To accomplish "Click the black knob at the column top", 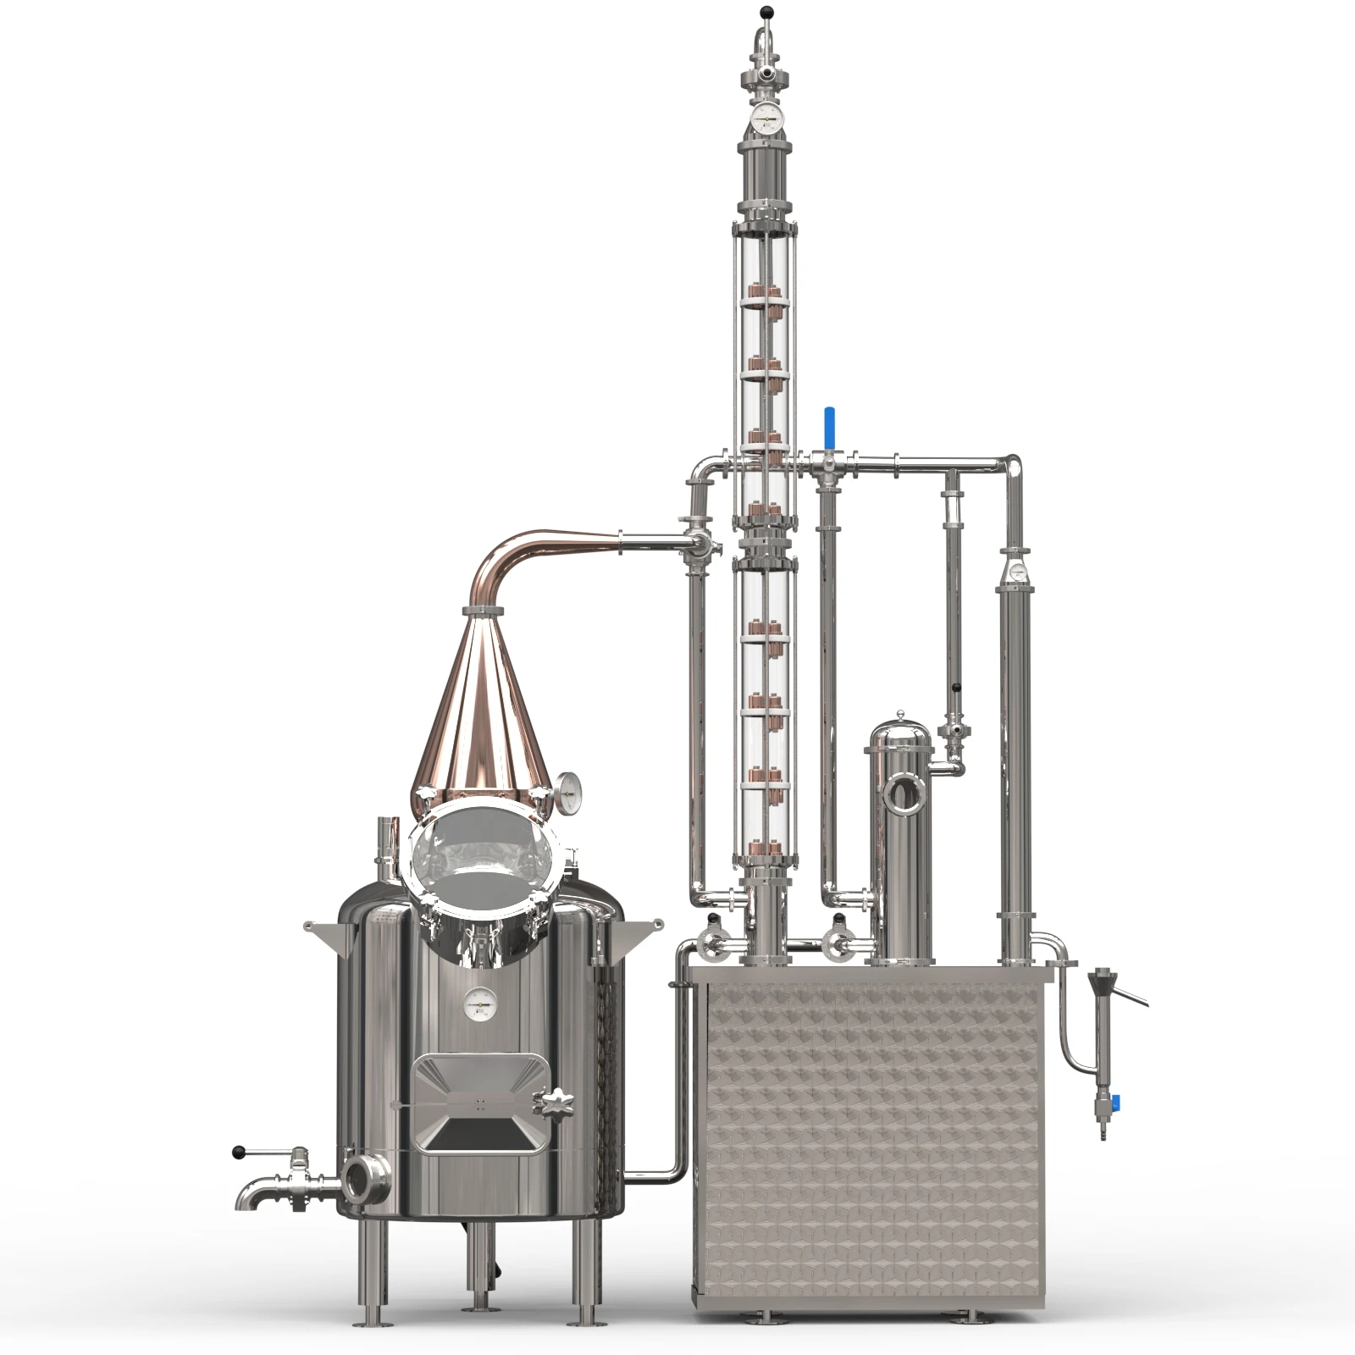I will click(x=767, y=12).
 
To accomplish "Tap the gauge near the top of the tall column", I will click(x=768, y=119).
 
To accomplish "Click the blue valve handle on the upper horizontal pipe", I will click(x=830, y=423).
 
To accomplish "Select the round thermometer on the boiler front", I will click(x=478, y=1004).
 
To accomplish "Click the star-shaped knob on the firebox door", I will click(x=552, y=1102).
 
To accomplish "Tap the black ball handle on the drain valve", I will click(x=239, y=1152).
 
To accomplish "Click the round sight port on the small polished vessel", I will click(x=903, y=794).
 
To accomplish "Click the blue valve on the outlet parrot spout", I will click(x=1115, y=1103).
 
